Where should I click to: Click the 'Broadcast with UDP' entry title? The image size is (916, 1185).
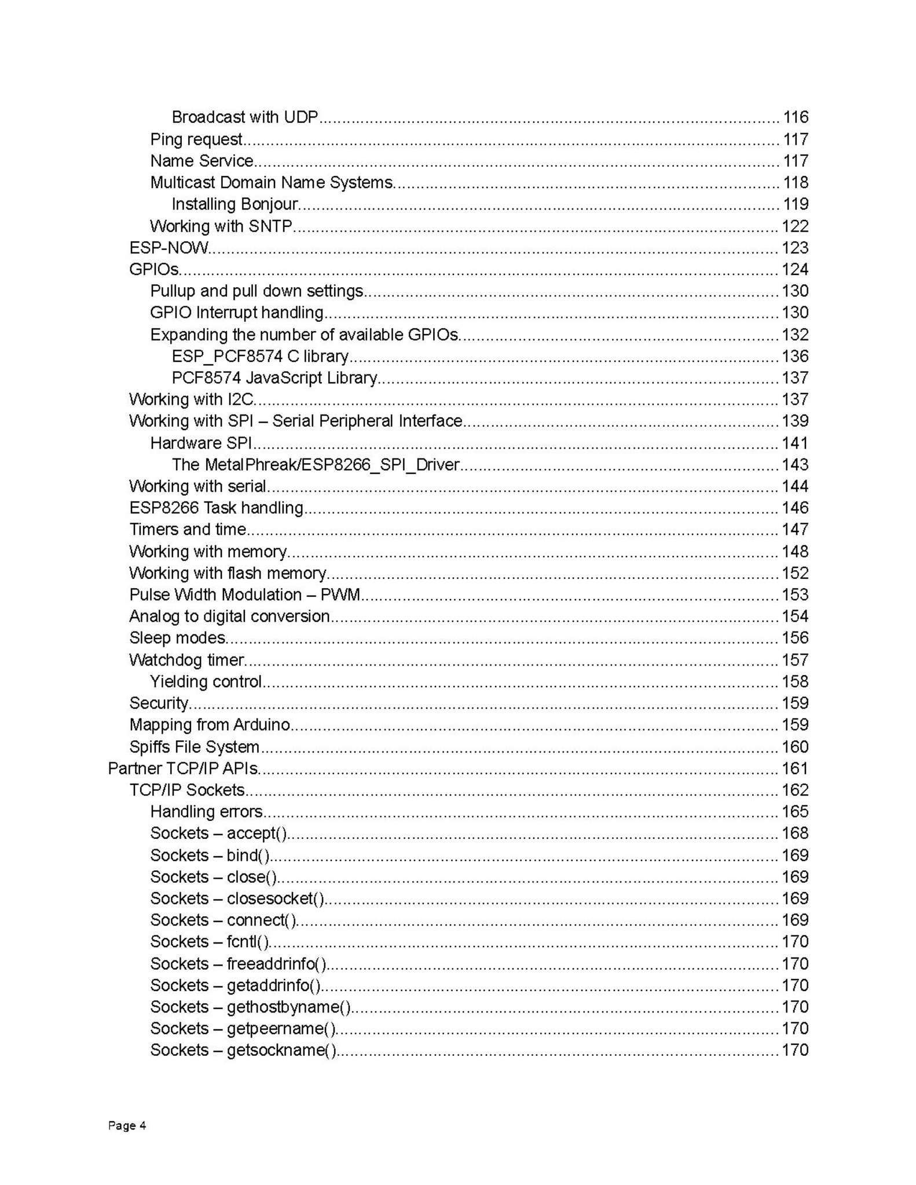click(245, 118)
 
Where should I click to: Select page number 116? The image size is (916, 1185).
click(795, 118)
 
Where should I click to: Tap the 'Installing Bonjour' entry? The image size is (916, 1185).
click(235, 204)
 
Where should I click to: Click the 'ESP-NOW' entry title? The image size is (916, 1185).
click(168, 248)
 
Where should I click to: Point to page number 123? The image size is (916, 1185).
click(795, 248)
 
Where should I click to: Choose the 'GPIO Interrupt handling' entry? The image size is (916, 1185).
click(236, 313)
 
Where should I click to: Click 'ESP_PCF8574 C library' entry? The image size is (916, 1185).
click(260, 356)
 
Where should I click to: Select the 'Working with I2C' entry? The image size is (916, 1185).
click(192, 399)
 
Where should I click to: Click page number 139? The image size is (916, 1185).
click(795, 421)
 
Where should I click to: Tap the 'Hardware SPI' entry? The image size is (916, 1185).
click(201, 443)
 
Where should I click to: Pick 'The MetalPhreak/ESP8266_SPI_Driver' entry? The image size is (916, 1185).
click(316, 465)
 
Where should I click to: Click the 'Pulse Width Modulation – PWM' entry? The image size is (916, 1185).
click(244, 595)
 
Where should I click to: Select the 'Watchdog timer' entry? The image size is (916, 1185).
click(186, 660)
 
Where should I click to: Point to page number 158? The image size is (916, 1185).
click(795, 681)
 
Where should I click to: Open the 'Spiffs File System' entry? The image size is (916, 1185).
click(194, 747)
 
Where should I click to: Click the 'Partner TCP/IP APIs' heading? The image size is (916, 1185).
click(183, 768)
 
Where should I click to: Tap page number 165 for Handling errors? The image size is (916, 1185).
click(795, 812)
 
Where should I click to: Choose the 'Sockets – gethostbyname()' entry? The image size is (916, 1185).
click(250, 1007)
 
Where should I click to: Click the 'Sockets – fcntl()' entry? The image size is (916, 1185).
click(210, 942)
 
